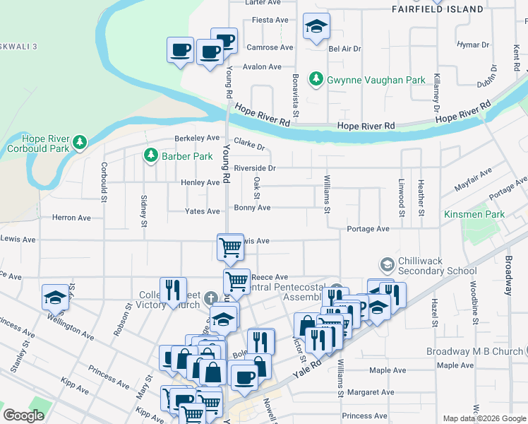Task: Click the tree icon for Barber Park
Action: (x=150, y=155)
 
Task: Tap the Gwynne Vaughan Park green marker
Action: (x=318, y=80)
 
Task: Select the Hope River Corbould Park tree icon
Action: (x=80, y=143)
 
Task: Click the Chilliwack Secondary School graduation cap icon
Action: (x=387, y=265)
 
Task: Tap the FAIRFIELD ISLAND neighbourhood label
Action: (x=438, y=9)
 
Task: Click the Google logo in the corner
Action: (x=23, y=416)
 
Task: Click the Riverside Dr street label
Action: (x=255, y=168)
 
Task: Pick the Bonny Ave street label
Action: (x=252, y=208)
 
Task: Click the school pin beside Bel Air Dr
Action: (x=316, y=27)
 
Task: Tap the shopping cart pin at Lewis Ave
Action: (x=230, y=247)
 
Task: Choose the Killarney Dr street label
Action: (x=438, y=93)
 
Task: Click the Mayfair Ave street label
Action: (x=473, y=182)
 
